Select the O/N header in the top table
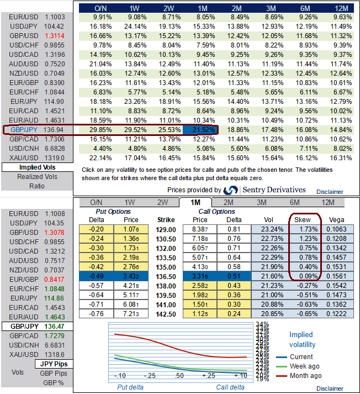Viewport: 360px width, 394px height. point(100,9)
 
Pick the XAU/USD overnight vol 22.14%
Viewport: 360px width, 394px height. point(100,157)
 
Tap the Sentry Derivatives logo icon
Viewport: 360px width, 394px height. point(231,190)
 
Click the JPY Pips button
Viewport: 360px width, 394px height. point(54,364)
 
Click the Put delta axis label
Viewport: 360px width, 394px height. point(132,387)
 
